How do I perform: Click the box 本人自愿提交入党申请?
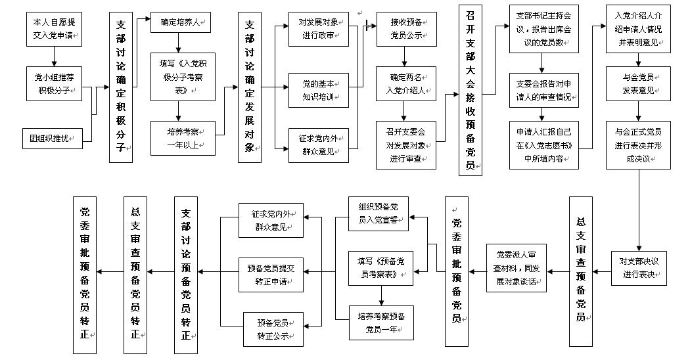pos(55,29)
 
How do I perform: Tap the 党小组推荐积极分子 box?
pos(55,83)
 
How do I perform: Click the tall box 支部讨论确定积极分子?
pos(121,87)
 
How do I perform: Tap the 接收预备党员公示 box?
pos(406,29)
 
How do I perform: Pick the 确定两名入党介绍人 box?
pos(406,83)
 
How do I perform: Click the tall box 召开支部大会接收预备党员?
pos(470,89)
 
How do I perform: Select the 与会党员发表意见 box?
pos(638,83)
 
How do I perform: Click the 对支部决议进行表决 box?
pos(638,267)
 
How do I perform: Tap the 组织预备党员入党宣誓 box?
pos(378,213)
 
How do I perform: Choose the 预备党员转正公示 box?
pos(271,329)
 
